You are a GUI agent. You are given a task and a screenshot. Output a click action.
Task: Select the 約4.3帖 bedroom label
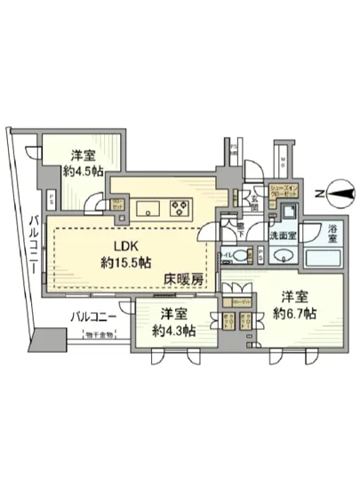click(169, 323)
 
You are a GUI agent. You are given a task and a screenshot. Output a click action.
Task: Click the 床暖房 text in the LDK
click(183, 280)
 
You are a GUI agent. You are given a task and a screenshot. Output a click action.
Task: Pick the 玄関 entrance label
click(252, 204)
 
